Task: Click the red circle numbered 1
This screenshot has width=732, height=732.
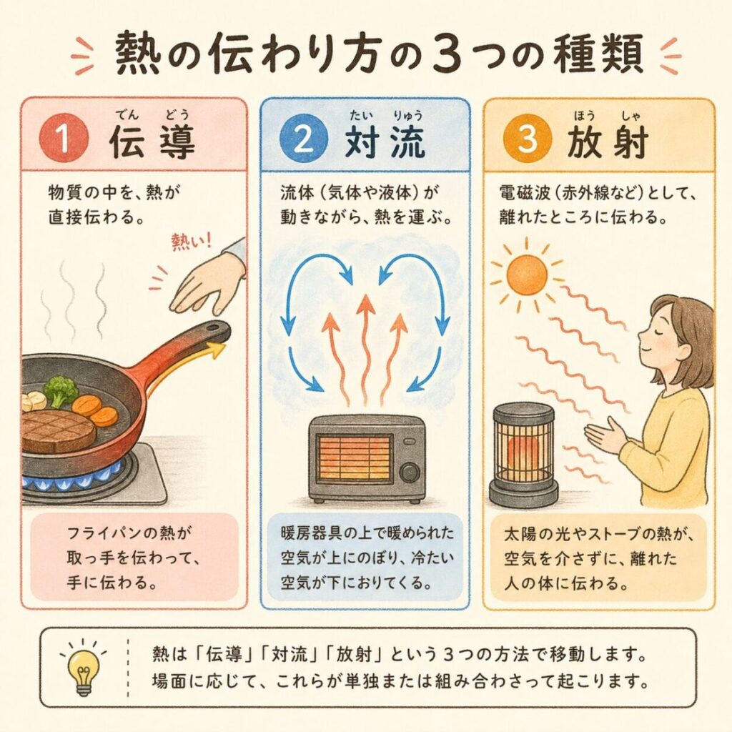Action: point(64,138)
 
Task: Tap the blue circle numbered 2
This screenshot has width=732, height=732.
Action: point(303,138)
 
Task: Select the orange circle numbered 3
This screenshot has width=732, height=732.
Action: point(528,138)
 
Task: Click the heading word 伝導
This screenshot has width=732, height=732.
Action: point(152,141)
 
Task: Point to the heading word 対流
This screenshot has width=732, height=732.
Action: point(385,141)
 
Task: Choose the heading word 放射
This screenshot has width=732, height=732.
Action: point(608,141)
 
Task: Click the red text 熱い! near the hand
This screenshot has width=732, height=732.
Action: point(192,242)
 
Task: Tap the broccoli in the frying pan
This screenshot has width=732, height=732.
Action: point(60,390)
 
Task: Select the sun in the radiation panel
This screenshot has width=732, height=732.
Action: point(526,274)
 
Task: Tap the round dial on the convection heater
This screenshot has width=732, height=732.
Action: point(409,472)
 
